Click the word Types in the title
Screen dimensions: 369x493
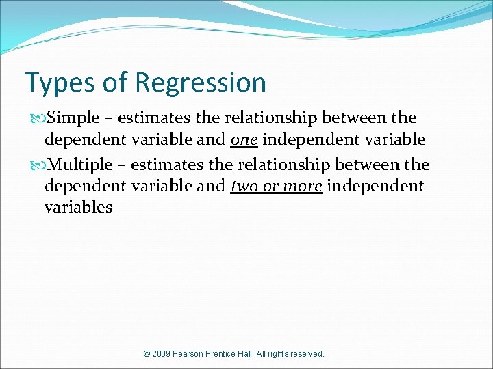tap(59, 83)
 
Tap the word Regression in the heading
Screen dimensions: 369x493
tap(201, 83)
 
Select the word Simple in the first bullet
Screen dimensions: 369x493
tap(75, 118)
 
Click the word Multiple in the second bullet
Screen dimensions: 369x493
tap(81, 165)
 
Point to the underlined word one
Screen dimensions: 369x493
tap(244, 140)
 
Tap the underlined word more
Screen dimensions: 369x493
tap(303, 186)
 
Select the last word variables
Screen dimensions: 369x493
tap(78, 208)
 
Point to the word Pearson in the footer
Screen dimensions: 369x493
tap(194, 354)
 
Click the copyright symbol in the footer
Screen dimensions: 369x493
tap(147, 354)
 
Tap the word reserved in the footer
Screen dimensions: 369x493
tap(307, 354)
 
